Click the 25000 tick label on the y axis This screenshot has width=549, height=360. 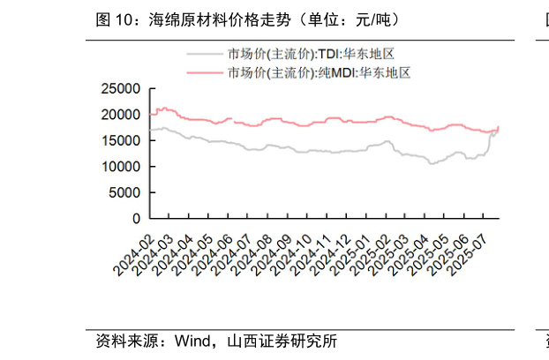click(122, 89)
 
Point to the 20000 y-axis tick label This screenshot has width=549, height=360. click(122, 115)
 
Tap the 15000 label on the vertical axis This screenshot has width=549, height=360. click(122, 140)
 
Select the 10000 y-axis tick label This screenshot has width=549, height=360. click(122, 166)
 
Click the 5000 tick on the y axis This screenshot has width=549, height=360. click(125, 191)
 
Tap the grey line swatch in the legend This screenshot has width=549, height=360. click(204, 55)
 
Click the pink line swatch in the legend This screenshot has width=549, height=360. click(204, 72)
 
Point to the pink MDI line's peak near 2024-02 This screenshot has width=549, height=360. click(161, 109)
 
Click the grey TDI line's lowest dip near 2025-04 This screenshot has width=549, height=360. click(431, 163)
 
